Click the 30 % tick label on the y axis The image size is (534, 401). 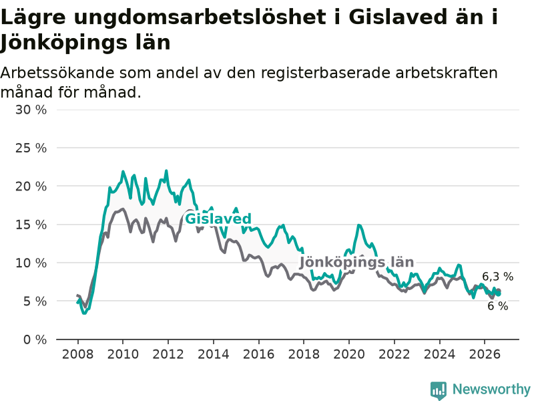point(31,110)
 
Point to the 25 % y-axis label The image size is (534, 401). point(31,148)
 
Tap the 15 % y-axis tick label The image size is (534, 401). point(31,225)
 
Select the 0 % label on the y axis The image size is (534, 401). point(35,340)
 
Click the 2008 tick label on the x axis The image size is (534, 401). point(77,354)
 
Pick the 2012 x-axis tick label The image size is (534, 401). point(168,354)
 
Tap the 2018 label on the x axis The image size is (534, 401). point(304,354)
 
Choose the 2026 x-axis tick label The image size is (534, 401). point(485,354)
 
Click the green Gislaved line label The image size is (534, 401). point(218,219)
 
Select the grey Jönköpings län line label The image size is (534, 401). point(356,262)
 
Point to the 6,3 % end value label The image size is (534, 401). point(497,277)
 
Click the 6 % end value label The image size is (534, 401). point(497,306)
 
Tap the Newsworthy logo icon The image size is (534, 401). point(439,390)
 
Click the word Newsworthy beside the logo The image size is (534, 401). point(491,389)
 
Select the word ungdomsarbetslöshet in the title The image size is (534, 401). point(200,17)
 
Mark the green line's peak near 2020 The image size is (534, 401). point(358,225)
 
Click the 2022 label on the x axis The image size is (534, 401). point(394,354)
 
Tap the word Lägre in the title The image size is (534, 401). point(33,18)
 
